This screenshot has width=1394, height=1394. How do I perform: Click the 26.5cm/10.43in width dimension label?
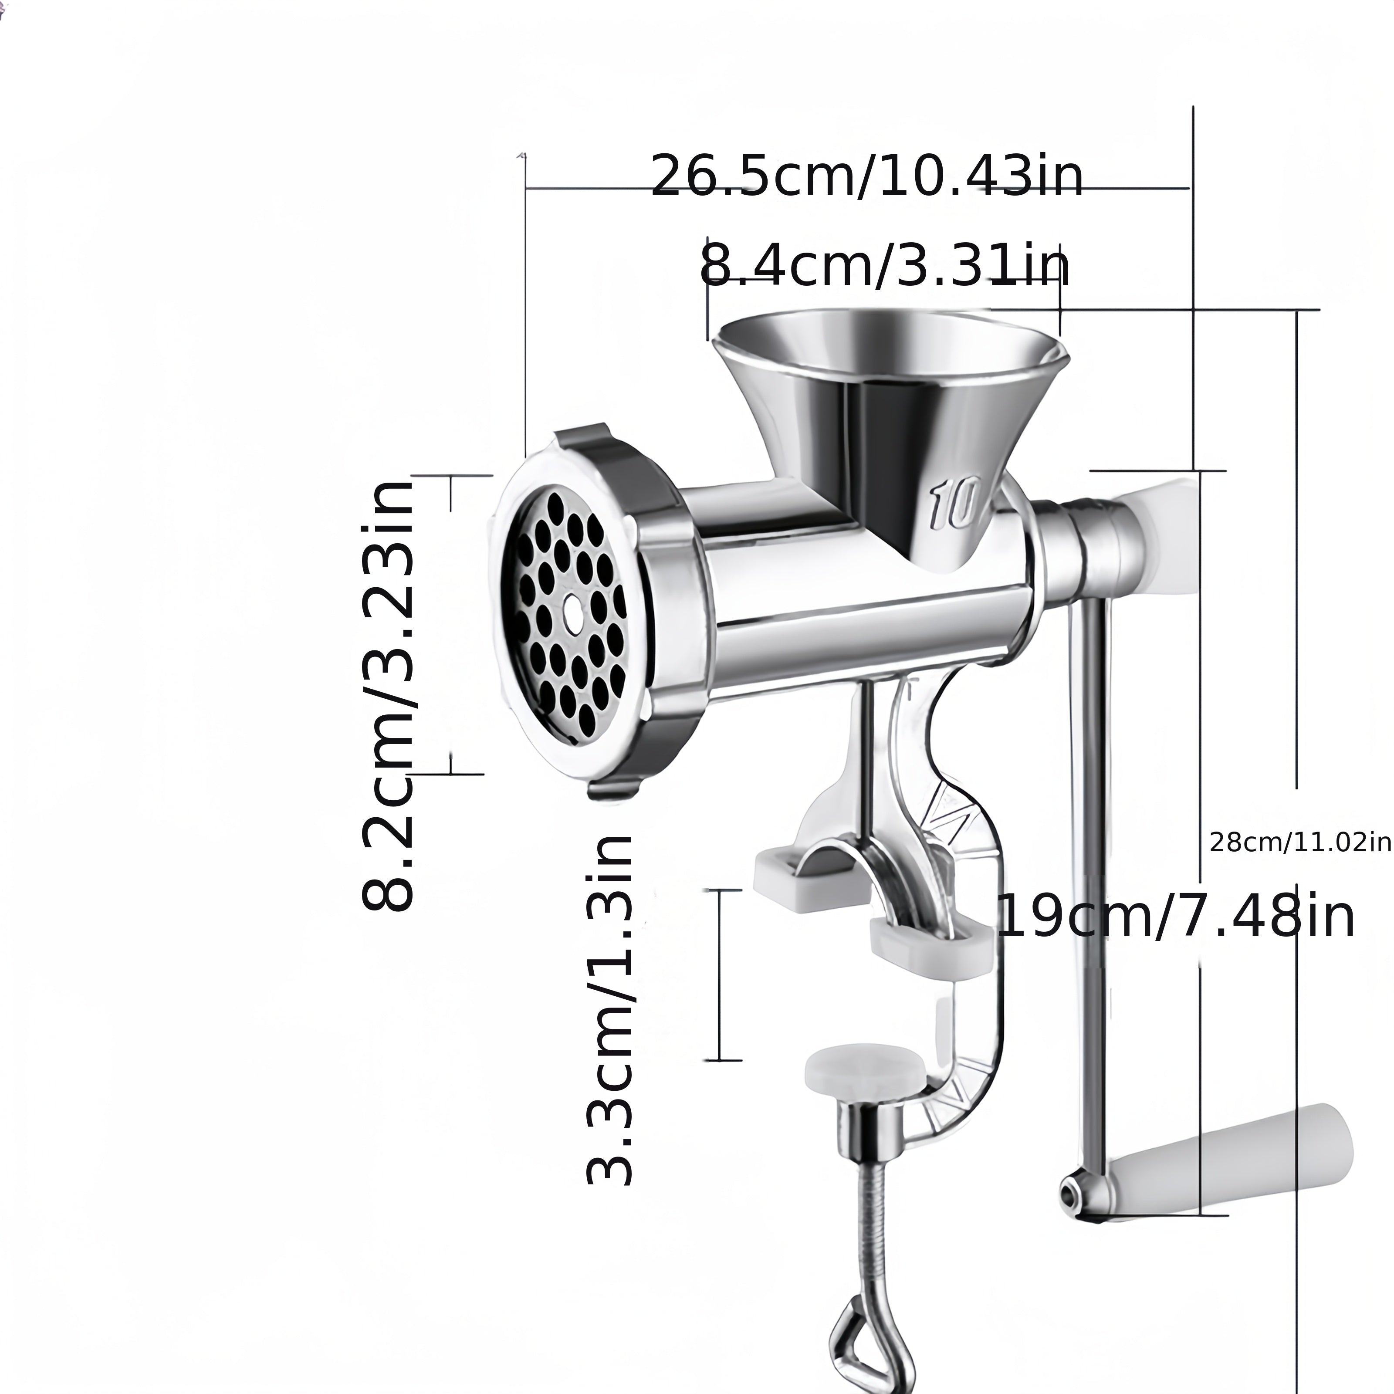pyautogui.click(x=866, y=175)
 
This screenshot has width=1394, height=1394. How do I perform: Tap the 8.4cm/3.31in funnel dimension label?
pyautogui.click(x=885, y=265)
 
